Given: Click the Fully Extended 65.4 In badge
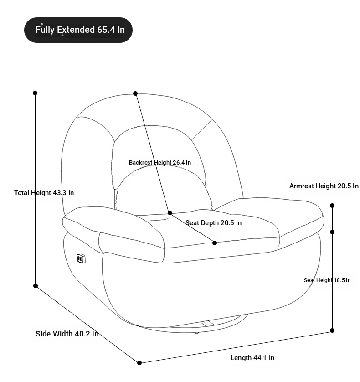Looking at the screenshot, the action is coord(78,30).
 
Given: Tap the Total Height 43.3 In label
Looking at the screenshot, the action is coord(44,193).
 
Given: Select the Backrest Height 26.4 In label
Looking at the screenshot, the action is coord(160,162).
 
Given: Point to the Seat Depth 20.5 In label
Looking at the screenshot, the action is coord(213,222).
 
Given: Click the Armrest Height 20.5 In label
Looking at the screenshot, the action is coord(324,186).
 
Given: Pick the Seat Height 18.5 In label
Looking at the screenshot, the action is coord(327,280).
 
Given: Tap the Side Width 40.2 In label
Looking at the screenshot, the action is coord(67,334).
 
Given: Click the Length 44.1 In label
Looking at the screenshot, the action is coord(252,358).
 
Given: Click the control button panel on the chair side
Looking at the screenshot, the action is coord(81,258).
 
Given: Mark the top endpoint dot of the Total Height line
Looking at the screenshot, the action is coord(35,93).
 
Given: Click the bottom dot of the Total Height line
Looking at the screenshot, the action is coord(36,286).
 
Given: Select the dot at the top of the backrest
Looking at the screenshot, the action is coord(135,93).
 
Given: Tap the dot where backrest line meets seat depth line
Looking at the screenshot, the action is coord(170,213).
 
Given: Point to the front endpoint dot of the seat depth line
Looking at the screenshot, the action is coord(215,243).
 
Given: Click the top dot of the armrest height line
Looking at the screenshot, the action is coord(332,206).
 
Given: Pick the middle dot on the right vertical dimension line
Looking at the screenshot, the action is coord(332,232).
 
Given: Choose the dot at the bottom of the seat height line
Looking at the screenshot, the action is coord(332,330).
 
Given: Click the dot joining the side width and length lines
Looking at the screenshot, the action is coord(139,363).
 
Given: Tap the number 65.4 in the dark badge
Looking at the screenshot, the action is coord(106,30).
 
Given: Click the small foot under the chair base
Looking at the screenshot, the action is coord(196,333).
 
